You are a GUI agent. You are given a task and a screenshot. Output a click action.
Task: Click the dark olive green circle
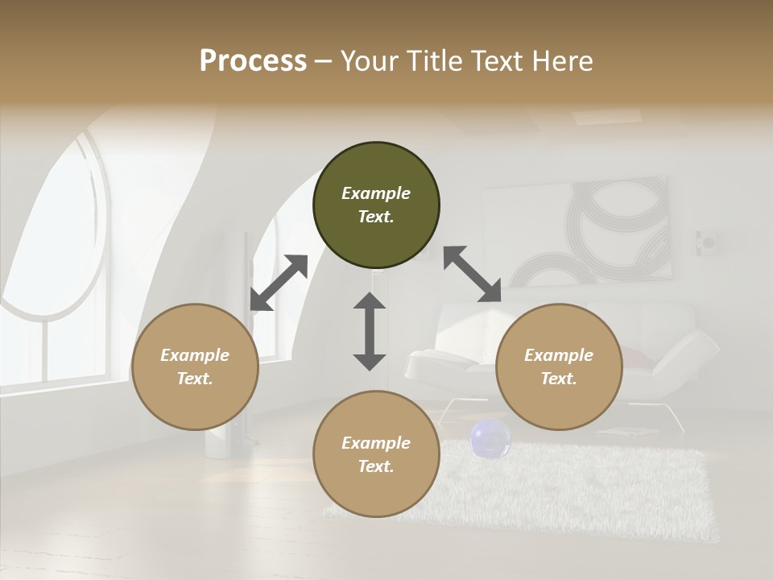[376, 205]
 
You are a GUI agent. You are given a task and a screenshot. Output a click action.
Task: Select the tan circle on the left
[195, 367]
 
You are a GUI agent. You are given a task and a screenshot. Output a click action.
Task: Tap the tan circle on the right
[559, 367]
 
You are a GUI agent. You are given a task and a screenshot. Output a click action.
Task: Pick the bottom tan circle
[376, 454]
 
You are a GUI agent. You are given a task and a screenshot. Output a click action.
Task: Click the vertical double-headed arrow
[370, 331]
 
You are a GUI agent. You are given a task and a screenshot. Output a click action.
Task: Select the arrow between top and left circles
[279, 283]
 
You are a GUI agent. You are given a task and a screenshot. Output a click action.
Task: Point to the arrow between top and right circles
[472, 274]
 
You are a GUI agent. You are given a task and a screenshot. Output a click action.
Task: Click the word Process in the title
[253, 60]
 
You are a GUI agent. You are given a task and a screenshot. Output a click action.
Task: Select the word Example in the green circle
[376, 193]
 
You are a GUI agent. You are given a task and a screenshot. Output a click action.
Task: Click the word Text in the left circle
[195, 379]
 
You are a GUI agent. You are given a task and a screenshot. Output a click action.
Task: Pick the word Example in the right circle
[559, 355]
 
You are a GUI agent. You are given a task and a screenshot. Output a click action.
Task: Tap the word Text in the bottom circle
[376, 466]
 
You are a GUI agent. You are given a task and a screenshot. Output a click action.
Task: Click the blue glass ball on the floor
[490, 439]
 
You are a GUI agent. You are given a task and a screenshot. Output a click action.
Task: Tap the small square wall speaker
[709, 241]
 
